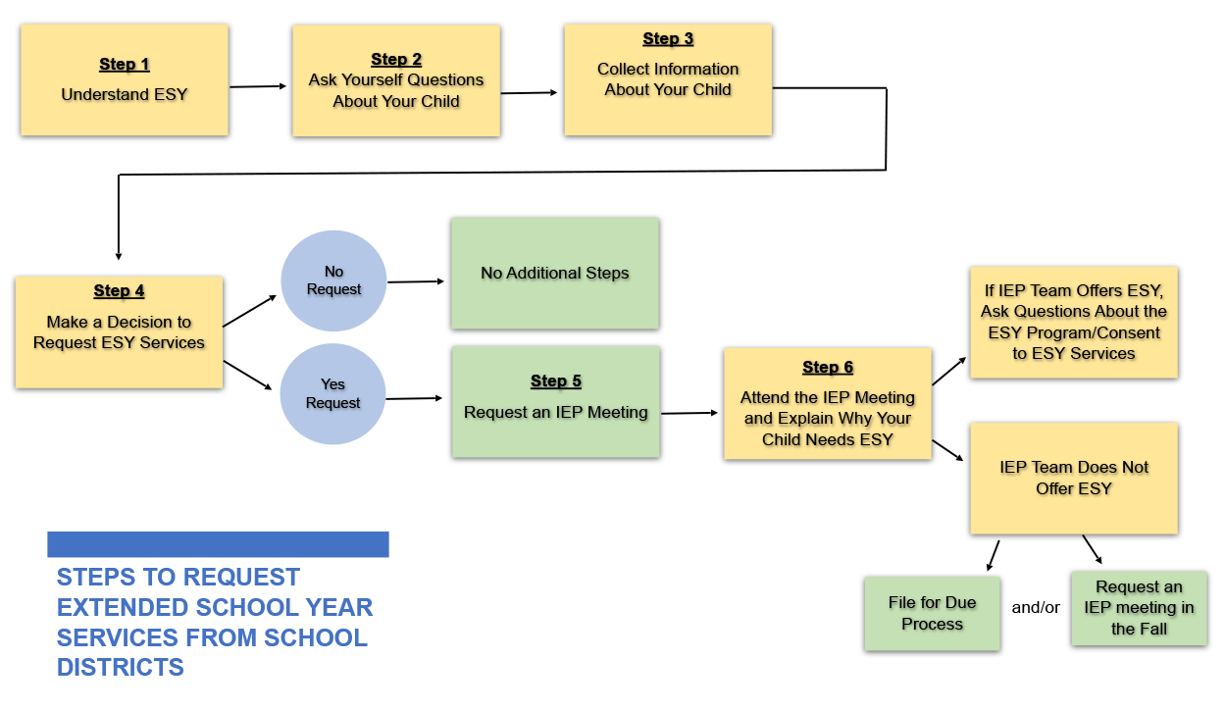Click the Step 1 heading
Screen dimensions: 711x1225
(x=125, y=65)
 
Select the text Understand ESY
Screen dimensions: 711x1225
(x=125, y=95)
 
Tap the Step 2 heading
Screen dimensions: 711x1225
(x=396, y=60)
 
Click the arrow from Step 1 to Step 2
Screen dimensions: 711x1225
(x=259, y=86)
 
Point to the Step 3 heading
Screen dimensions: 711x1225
(x=668, y=39)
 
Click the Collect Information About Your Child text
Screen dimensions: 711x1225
(x=668, y=79)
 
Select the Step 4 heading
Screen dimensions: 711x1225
(x=120, y=291)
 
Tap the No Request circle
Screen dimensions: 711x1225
(x=333, y=281)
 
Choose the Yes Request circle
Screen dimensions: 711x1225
(x=333, y=394)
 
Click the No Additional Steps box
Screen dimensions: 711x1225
(x=555, y=274)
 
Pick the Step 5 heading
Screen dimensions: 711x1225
(x=556, y=381)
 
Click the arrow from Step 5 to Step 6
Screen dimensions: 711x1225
(x=690, y=413)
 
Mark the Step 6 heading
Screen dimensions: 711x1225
(x=828, y=368)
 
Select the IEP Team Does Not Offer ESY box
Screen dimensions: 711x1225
(x=1074, y=479)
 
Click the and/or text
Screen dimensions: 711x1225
(x=1036, y=608)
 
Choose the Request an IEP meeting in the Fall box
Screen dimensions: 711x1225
(x=1139, y=608)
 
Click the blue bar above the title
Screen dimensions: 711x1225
(x=218, y=544)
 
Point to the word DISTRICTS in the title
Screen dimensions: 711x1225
(x=121, y=668)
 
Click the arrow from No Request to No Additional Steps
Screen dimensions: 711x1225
(x=417, y=281)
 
